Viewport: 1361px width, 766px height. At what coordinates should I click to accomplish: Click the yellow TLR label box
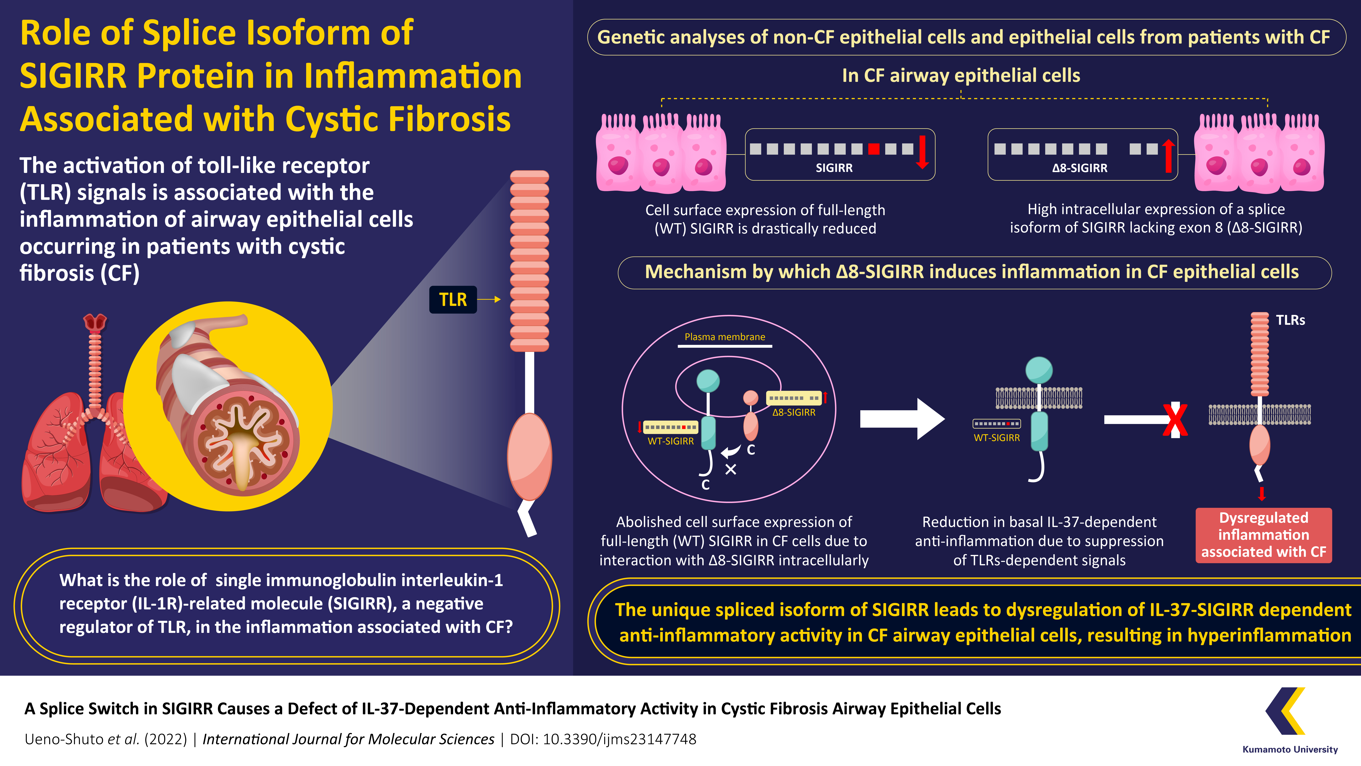pos(453,300)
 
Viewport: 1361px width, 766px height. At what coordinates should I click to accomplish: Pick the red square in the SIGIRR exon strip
pos(874,149)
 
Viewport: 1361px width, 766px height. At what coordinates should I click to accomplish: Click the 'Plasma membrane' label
pos(725,337)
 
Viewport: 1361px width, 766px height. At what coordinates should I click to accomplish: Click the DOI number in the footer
pos(620,739)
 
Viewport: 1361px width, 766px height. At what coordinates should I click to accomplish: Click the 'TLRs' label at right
pos(1290,320)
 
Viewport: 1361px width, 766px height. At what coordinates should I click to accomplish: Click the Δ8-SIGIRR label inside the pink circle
pos(794,412)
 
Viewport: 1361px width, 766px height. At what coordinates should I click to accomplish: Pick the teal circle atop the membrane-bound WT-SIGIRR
pos(1039,370)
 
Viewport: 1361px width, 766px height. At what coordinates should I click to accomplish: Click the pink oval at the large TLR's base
pos(529,457)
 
